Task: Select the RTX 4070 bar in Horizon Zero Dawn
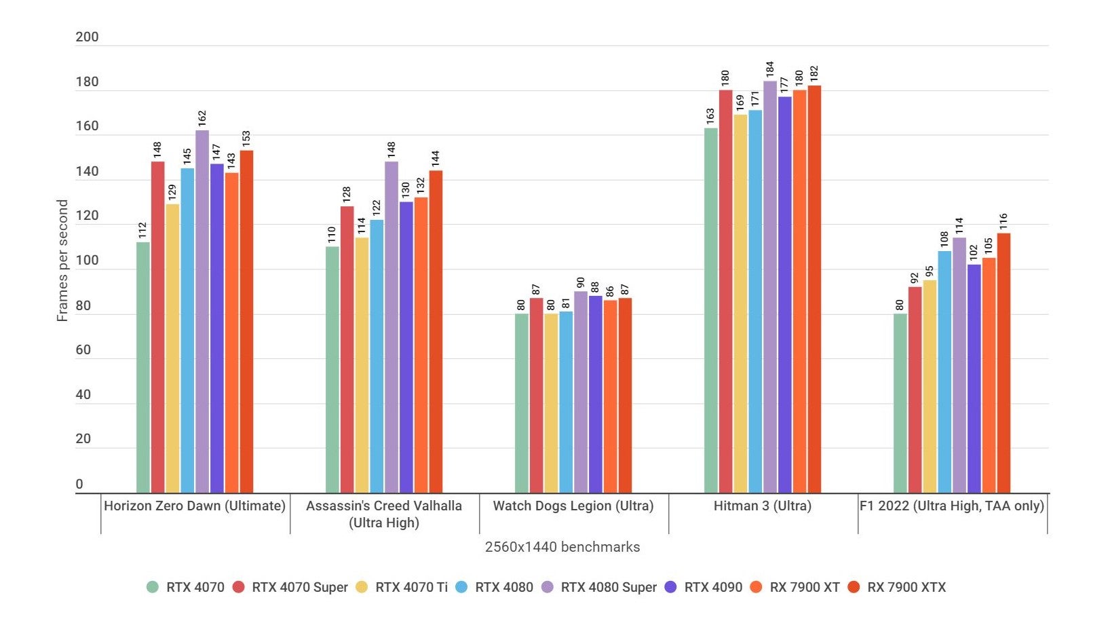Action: tap(142, 367)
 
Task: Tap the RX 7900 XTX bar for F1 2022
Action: tap(1003, 363)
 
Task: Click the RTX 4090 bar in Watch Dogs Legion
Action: tap(595, 394)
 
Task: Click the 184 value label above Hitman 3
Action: tap(769, 69)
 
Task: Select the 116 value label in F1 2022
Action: tap(1003, 221)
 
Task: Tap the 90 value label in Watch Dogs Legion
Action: tap(580, 282)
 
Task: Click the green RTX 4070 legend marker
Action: tap(153, 587)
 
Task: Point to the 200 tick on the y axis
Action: tap(87, 37)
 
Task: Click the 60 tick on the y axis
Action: tap(83, 350)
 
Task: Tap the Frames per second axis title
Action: tap(62, 261)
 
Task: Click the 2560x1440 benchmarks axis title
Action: tap(562, 547)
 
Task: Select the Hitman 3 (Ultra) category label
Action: tap(762, 506)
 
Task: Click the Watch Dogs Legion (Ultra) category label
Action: tap(573, 506)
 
